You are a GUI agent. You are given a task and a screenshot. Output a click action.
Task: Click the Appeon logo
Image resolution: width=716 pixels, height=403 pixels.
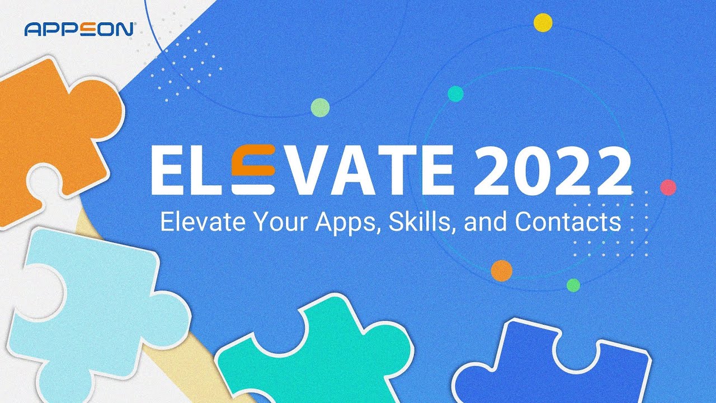point(78,29)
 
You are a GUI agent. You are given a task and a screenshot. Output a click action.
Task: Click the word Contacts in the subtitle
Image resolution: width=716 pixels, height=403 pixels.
point(568,222)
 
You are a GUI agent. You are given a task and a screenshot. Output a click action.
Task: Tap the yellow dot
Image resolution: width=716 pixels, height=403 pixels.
point(543,22)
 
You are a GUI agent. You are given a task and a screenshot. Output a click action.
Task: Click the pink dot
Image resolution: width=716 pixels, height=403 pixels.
point(668,188)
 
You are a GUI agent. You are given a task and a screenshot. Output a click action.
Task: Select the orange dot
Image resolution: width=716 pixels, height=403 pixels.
point(501,270)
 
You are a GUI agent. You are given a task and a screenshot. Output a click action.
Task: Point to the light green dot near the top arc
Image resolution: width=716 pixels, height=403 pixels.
point(320,107)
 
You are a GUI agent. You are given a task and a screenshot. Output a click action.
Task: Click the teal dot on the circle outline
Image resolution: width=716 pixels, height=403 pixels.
point(455,93)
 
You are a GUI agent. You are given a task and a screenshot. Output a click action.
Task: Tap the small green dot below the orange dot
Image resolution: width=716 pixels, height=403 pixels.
point(573,285)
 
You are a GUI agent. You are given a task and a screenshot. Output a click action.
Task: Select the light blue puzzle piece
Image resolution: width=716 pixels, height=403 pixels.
point(95,313)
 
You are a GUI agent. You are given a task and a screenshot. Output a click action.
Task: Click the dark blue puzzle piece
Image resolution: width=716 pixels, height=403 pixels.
point(554,364)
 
